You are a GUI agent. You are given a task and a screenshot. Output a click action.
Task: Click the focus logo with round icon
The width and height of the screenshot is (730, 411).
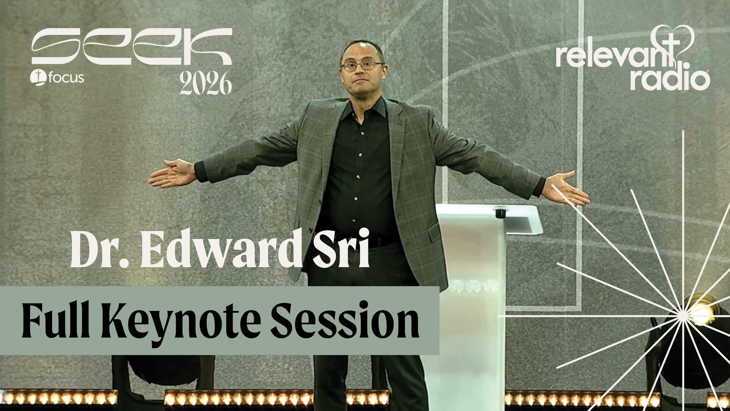coord(57,78)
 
